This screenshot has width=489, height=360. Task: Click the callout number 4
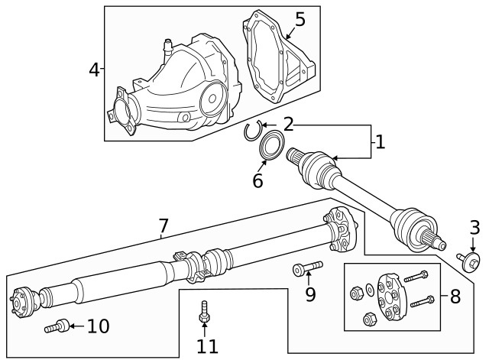(x=94, y=70)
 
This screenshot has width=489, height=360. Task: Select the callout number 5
(x=300, y=19)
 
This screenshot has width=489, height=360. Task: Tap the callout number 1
(x=380, y=142)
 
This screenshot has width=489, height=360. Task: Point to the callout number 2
(x=288, y=124)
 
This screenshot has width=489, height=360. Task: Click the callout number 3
(x=474, y=227)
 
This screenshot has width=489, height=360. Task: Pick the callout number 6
(x=257, y=181)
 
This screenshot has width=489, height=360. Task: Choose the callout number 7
(x=163, y=225)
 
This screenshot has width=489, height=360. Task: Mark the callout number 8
(x=455, y=297)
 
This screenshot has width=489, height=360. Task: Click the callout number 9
(x=310, y=294)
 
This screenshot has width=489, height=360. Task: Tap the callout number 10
(x=98, y=327)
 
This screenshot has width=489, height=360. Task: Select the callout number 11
(x=206, y=346)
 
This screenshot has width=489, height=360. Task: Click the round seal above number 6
(x=270, y=146)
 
